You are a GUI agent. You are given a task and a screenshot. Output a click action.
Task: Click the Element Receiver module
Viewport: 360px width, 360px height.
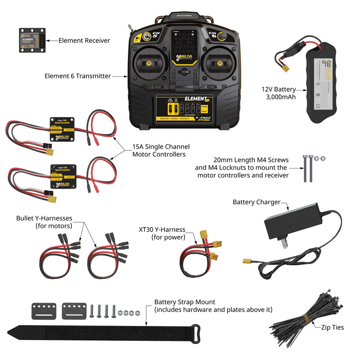[x=31, y=40]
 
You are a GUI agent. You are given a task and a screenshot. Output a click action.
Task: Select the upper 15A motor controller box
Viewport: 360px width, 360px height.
[x=62, y=125]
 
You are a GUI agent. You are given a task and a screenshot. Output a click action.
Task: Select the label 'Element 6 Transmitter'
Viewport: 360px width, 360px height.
[x=78, y=76]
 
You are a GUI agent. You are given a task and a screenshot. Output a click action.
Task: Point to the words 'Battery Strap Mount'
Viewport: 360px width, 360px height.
[x=185, y=302]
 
